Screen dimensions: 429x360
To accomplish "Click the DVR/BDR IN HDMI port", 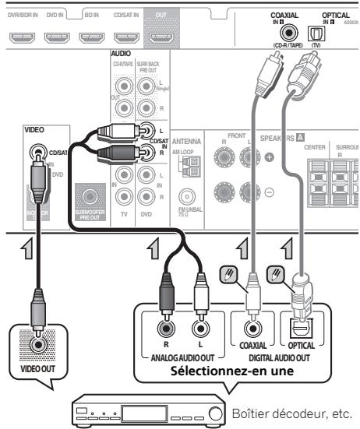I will (x=23, y=36).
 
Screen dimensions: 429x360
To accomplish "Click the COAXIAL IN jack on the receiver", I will (x=291, y=34).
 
